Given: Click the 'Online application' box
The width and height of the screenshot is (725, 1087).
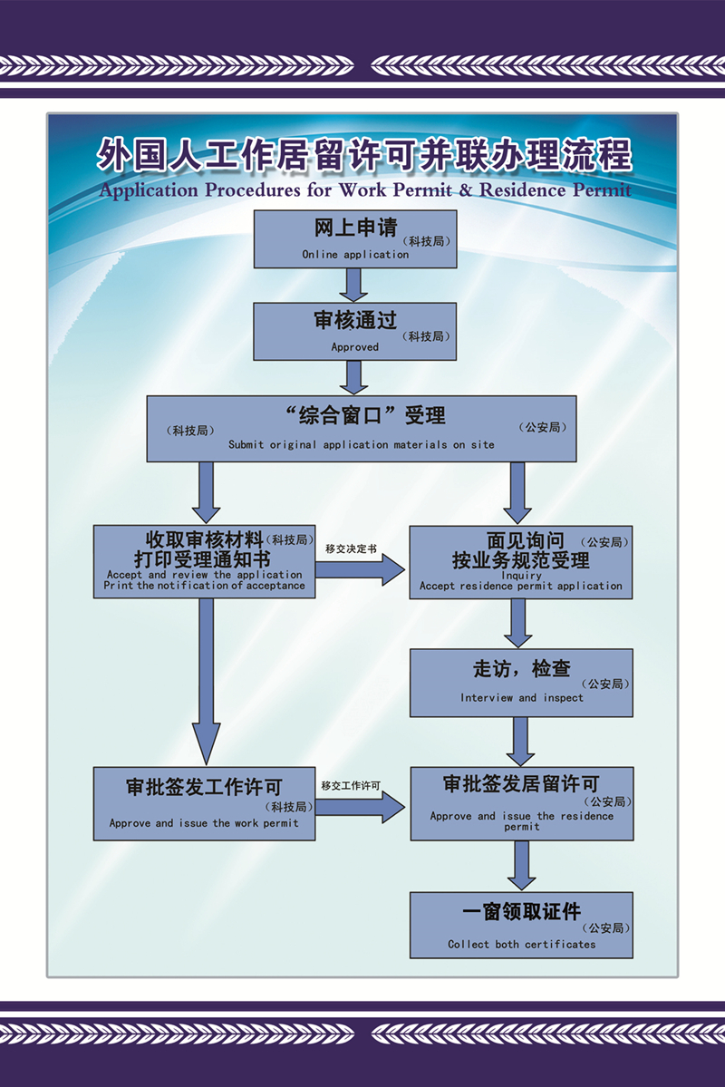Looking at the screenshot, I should [x=354, y=239].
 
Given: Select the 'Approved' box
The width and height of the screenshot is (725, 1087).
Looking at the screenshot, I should [x=354, y=331].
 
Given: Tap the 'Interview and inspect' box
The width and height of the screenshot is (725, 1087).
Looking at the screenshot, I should [x=521, y=683].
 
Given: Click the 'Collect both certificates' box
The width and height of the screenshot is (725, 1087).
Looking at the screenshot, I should [x=521, y=925].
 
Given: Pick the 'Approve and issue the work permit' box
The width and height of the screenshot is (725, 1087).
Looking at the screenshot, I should [x=205, y=802].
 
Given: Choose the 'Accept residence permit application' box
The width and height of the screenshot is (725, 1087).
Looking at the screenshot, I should [x=521, y=562].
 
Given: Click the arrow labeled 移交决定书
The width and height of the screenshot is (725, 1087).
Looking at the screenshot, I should [x=361, y=569].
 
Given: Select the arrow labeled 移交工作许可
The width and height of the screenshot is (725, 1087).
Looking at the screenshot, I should [x=361, y=805].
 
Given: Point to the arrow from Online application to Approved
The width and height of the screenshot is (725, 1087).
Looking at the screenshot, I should [x=354, y=285].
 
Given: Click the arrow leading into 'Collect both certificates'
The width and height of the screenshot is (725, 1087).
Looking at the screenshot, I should [x=521, y=866].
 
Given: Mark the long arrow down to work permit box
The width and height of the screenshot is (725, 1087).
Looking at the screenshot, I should [x=206, y=680].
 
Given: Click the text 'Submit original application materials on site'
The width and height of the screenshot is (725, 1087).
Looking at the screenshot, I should [x=362, y=445].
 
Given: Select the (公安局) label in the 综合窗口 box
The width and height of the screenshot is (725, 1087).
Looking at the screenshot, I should [x=543, y=427].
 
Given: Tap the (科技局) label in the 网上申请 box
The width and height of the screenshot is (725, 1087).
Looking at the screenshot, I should [x=427, y=242].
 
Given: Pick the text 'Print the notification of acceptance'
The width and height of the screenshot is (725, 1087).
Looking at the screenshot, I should [x=204, y=586].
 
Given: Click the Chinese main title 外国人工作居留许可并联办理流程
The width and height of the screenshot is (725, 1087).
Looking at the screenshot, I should [x=363, y=156].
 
